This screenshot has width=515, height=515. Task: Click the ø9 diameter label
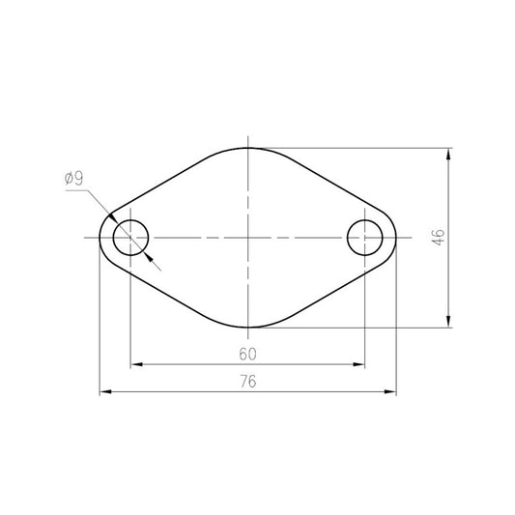pyautogui.click(x=74, y=179)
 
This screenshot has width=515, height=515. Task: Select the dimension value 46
pyautogui.click(x=438, y=238)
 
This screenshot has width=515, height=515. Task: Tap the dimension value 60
pyautogui.click(x=247, y=354)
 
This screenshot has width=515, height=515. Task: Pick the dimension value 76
pyautogui.click(x=247, y=382)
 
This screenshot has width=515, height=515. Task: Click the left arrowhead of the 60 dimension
pyautogui.click(x=136, y=364)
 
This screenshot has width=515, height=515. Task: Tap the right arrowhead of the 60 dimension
pyautogui.click(x=358, y=364)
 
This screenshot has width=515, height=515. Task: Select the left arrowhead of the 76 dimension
pyautogui.click(x=105, y=391)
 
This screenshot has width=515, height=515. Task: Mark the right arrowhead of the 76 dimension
pyautogui.click(x=390, y=391)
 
